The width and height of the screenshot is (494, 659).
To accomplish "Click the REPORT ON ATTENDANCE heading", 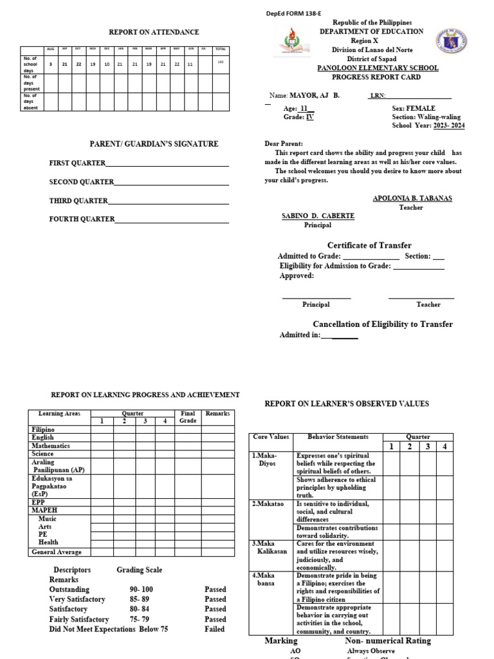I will click(x=154, y=32).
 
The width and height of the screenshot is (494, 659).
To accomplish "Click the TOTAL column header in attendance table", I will click(x=221, y=49).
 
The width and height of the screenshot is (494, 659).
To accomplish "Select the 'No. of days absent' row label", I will click(x=31, y=102).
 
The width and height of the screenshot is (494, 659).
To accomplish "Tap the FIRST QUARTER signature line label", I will click(x=78, y=163).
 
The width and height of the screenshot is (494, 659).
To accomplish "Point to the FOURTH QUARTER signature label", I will click(x=82, y=219).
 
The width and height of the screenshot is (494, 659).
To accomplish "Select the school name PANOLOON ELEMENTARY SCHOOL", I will click(x=379, y=68).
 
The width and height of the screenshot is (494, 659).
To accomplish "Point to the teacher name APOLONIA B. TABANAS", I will click(x=412, y=198).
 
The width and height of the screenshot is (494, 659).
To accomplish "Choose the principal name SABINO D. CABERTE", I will click(x=318, y=216).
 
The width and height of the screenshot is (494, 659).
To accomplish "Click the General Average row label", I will click(x=57, y=552).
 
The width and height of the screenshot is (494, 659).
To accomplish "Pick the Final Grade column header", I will click(x=187, y=417).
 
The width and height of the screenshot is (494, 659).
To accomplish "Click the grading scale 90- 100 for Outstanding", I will click(x=142, y=588).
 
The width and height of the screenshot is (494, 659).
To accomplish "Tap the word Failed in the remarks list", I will click(x=214, y=629).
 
